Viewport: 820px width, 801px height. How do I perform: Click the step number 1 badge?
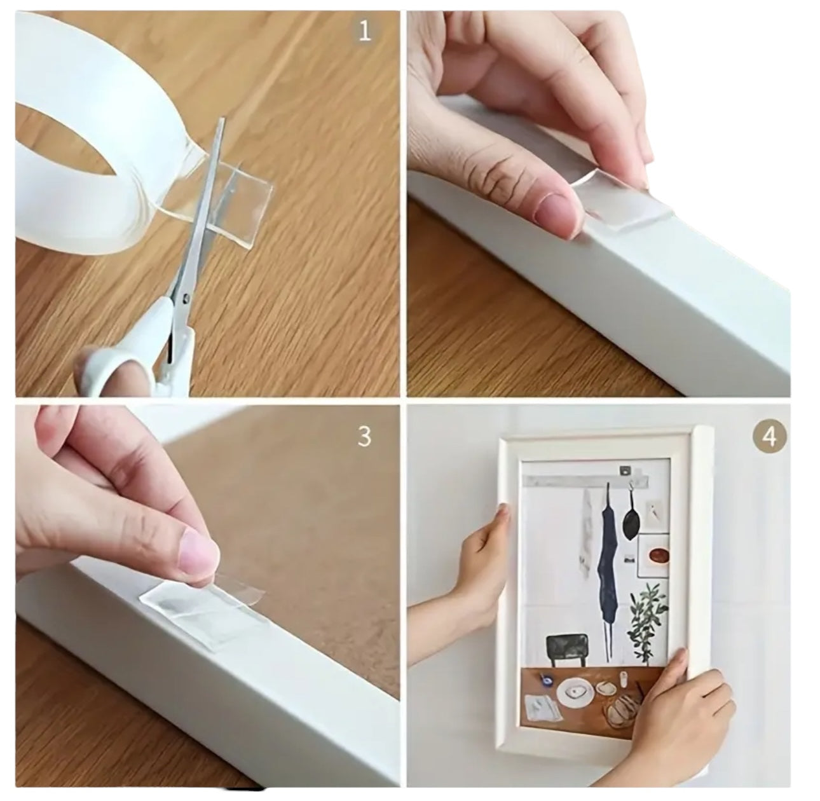[364, 31]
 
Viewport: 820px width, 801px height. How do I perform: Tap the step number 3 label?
[364, 437]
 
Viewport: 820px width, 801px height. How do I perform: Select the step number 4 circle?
[769, 437]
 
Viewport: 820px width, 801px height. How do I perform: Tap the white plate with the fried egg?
[575, 694]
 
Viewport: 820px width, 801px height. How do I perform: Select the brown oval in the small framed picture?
[658, 556]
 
